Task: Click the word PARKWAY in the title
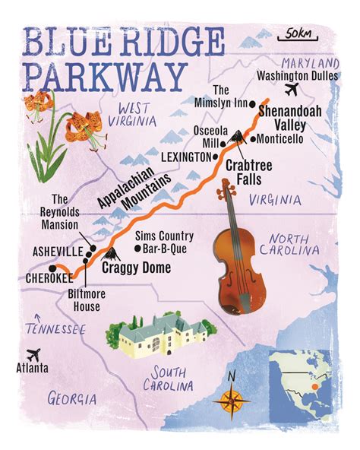tap(106, 77)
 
